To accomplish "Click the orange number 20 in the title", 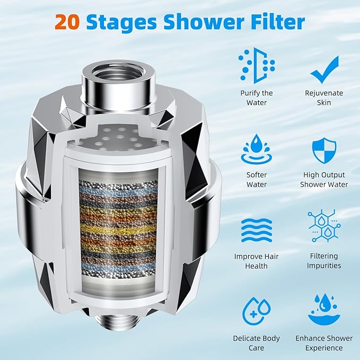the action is click(x=67, y=22).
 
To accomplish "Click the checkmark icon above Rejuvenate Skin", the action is click(x=324, y=69).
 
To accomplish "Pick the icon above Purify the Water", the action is click(x=257, y=66).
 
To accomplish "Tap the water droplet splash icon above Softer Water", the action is click(x=257, y=150).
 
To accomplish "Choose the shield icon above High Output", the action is click(x=324, y=151).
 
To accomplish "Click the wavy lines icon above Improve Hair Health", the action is click(x=257, y=230).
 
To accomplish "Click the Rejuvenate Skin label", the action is click(x=324, y=98).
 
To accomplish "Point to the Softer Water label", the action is click(x=257, y=180).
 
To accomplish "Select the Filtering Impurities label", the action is click(x=324, y=261).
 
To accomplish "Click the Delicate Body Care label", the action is click(x=257, y=343).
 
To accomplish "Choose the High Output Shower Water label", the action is click(x=324, y=180).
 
